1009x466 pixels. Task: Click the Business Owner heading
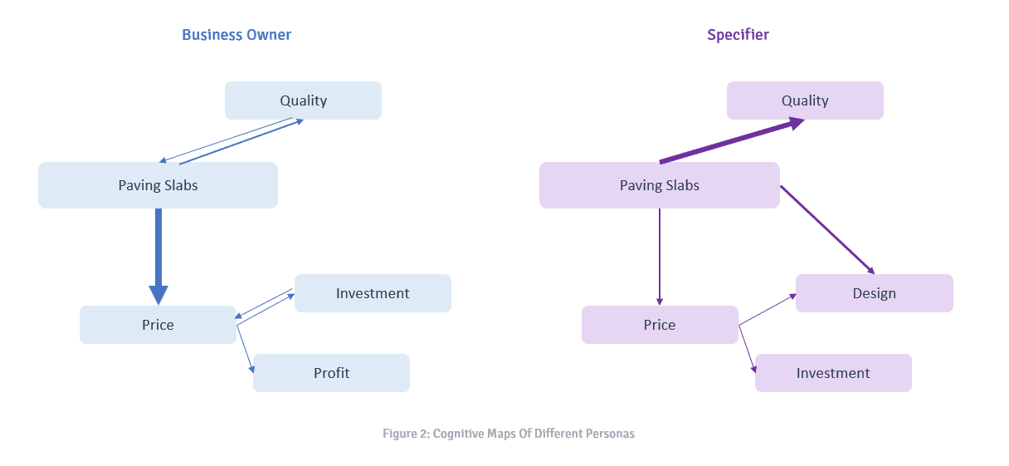pos(236,35)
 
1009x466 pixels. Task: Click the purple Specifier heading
pos(738,35)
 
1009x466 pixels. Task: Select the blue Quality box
pos(303,101)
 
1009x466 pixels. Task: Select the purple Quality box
pos(805,101)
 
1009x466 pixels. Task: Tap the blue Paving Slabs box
pos(158,185)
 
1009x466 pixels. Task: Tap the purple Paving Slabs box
pos(659,185)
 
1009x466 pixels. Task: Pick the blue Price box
pos(158,325)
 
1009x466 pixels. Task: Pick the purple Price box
pos(659,325)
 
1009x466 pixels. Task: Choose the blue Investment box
pos(373,293)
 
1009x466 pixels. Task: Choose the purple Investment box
pos(833,373)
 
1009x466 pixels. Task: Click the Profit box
pos(331,373)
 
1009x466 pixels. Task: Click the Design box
pos(874,293)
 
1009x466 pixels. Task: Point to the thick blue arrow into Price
pos(158,253)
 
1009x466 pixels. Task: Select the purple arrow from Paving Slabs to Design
pos(826,229)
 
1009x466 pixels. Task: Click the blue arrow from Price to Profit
pos(245,349)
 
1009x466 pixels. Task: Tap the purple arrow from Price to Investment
pos(748,349)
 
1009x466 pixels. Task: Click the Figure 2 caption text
pos(508,434)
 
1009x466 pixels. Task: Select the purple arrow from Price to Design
pos(768,309)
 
